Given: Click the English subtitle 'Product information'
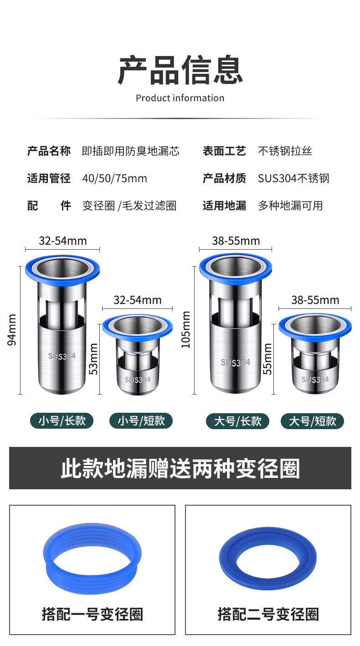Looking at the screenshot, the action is point(180,98).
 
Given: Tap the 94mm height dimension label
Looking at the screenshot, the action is point(12,330).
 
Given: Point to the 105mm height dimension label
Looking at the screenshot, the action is point(185,330).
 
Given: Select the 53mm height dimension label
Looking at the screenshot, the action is point(93,359).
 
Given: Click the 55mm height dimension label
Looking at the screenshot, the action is point(267,359).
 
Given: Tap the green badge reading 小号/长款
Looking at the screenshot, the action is point(62,421).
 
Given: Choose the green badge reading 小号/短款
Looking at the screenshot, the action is point(141,421).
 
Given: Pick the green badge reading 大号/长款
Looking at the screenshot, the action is point(238,421).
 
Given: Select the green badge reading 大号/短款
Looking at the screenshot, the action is point(313,421).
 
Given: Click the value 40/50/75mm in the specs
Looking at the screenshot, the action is point(114,179).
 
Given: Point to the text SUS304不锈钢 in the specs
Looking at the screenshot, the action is point(293,179).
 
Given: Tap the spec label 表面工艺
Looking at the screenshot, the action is point(224,151).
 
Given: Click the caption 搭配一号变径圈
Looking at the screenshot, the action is point(93,614).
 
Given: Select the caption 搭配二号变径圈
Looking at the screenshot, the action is point(268,614).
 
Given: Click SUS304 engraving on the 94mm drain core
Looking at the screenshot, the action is point(62,356).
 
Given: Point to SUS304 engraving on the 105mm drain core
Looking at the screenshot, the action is point(236,362).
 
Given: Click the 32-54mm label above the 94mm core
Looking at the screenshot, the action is point(62,241).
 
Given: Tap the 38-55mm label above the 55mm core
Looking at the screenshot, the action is point(315,300).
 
